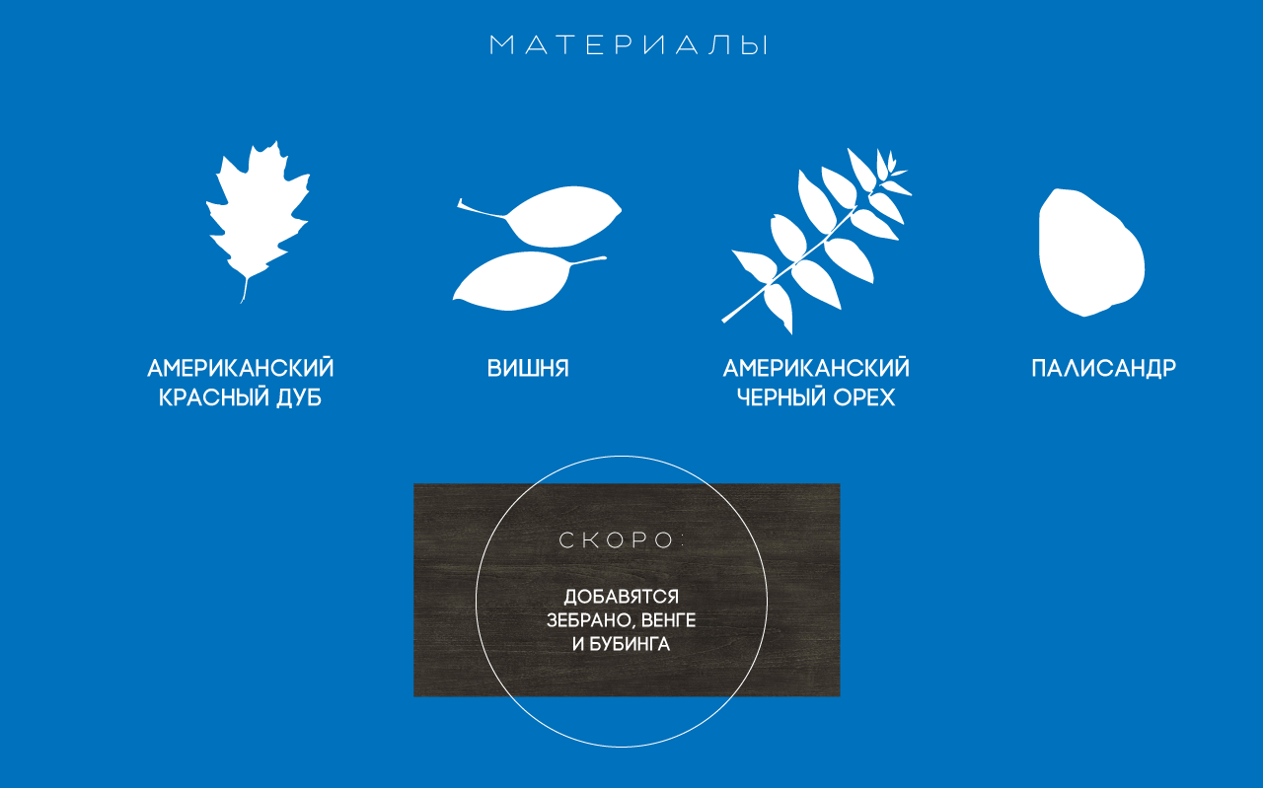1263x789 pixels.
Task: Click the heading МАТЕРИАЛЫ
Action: pos(629,45)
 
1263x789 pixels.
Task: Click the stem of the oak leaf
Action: pos(245,290)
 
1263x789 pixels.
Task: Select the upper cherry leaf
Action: pos(558,217)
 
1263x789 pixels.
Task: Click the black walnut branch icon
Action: pos(816,242)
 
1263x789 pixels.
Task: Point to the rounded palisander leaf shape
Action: pos(1091,252)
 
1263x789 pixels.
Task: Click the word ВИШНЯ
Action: pos(528,369)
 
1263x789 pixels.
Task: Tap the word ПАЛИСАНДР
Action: pos(1103,369)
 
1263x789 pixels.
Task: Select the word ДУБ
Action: pos(299,398)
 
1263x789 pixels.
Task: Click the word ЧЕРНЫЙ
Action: pos(780,397)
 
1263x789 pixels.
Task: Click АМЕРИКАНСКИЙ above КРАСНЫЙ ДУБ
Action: pos(240,368)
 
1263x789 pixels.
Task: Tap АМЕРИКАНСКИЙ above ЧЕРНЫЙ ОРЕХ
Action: pos(816,368)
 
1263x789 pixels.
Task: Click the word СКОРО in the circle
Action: pos(616,539)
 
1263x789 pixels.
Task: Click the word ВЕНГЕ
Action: pos(668,620)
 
